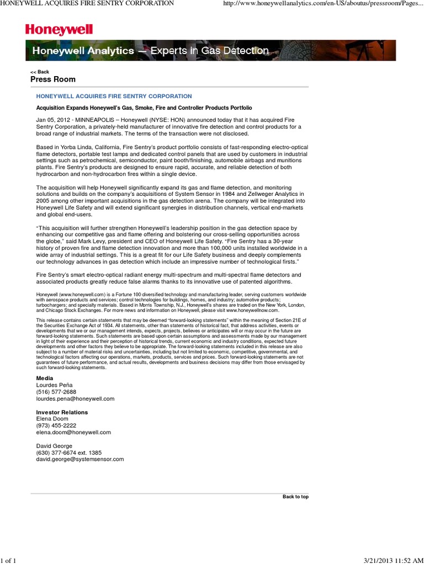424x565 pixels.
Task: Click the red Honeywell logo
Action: [x=59, y=30]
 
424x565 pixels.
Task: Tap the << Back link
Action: [x=40, y=72]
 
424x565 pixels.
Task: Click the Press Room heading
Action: [x=52, y=79]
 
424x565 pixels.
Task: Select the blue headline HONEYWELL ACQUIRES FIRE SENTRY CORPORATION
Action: [x=114, y=97]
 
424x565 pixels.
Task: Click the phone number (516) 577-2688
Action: [x=56, y=392]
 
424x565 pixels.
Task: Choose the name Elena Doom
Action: [x=52, y=419]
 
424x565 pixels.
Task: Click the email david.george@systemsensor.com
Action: [x=80, y=459]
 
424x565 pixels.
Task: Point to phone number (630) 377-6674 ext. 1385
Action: [x=69, y=452]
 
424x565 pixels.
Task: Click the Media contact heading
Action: [x=45, y=378]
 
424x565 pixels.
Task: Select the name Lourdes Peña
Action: [x=54, y=385]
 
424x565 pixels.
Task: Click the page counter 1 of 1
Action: [x=8, y=561]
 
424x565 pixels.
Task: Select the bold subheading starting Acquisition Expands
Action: [x=144, y=108]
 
